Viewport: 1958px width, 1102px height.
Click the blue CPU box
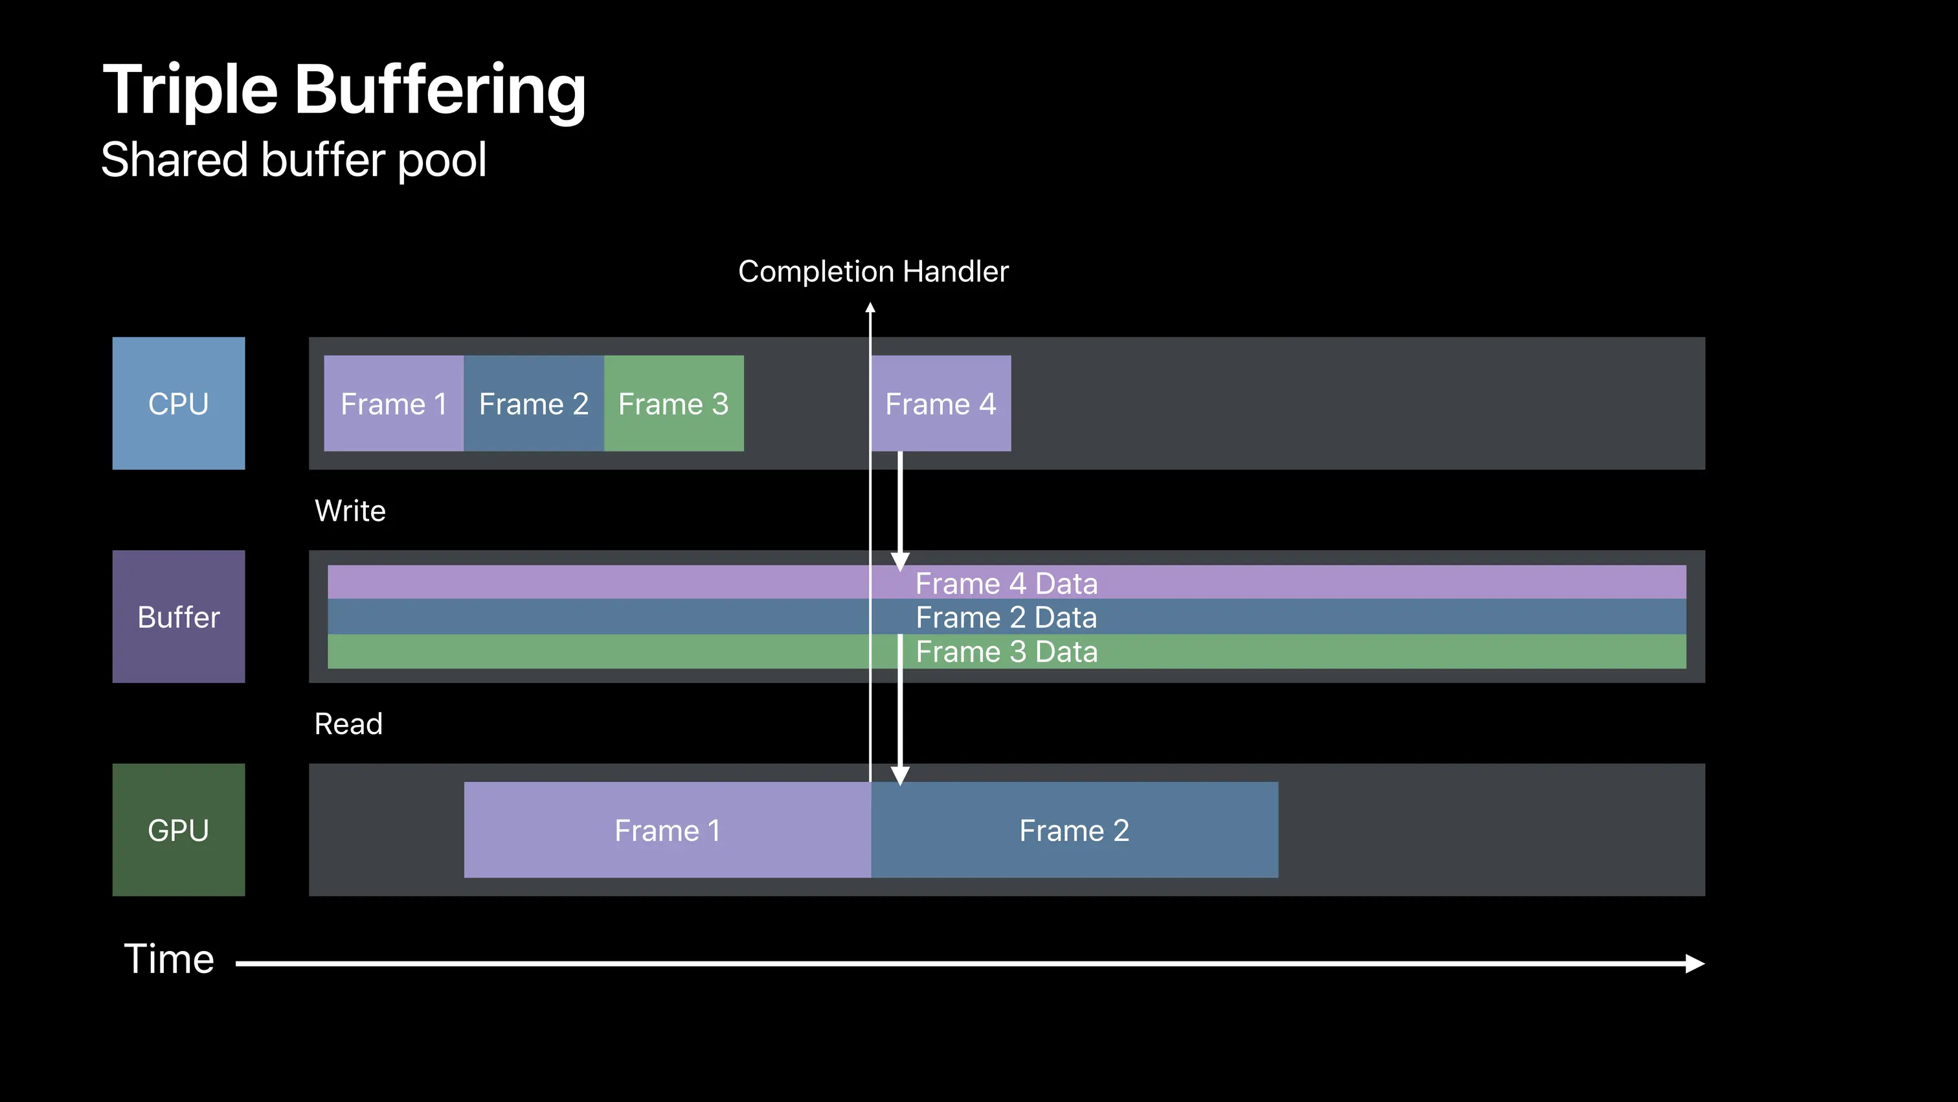pos(179,403)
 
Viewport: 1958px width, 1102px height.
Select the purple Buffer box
pos(179,617)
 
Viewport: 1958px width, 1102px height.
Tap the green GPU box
pos(179,830)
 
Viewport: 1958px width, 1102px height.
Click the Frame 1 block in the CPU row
pos(394,403)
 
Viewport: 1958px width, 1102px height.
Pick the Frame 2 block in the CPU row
pos(534,403)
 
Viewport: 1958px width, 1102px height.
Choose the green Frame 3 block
pos(674,403)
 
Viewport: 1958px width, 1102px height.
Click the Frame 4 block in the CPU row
pos(941,403)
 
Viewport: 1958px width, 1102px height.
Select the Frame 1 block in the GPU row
pos(668,830)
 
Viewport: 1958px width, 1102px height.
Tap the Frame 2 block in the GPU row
pos(1075,830)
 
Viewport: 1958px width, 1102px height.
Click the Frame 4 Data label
pos(1006,583)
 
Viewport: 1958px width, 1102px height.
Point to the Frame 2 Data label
pos(1006,617)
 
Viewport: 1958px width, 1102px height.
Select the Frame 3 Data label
pos(1006,652)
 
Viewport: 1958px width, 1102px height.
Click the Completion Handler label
pos(873,271)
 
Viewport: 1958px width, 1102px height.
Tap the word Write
pos(350,511)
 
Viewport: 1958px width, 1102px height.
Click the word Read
pos(349,724)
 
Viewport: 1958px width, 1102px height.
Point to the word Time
pos(170,958)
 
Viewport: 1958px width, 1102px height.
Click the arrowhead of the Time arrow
pos(1696,963)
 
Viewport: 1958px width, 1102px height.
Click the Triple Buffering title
pos(344,90)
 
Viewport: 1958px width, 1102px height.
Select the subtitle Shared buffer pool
pos(293,160)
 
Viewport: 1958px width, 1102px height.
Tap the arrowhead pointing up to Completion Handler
pos(870,307)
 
